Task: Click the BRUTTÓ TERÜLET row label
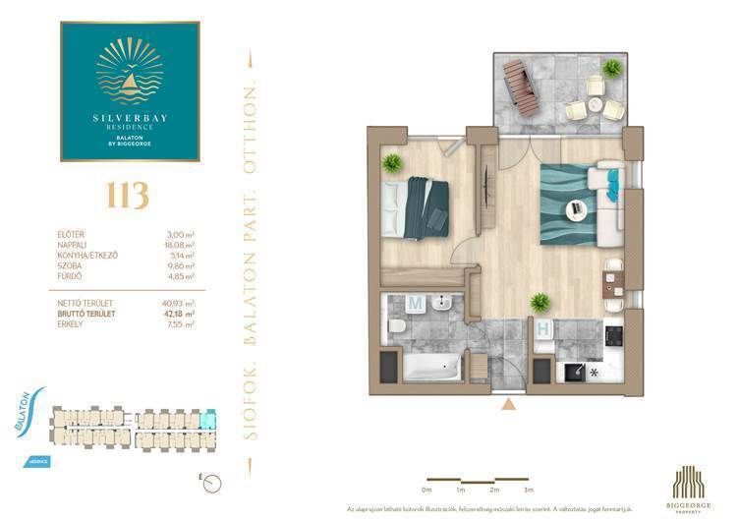[x=87, y=314]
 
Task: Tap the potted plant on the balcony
[x=612, y=68]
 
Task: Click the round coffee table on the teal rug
[x=576, y=207]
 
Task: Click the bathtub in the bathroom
[x=428, y=370]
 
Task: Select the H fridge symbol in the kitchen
[x=541, y=330]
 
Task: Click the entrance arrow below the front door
[x=508, y=404]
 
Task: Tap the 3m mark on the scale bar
[x=528, y=489]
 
